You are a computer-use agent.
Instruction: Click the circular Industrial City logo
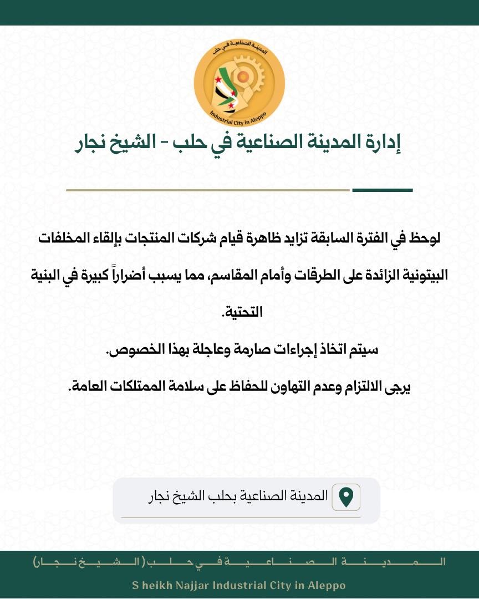(x=239, y=84)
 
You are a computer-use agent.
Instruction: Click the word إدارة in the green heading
(x=382, y=143)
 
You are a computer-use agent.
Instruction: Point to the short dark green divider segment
(x=383, y=190)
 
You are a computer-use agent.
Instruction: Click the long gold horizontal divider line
(x=208, y=190)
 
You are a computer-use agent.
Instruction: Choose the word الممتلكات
(x=139, y=387)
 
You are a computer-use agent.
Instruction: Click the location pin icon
(x=346, y=496)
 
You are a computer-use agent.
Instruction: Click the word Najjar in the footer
(x=193, y=585)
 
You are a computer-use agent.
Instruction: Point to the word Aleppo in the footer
(x=327, y=585)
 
